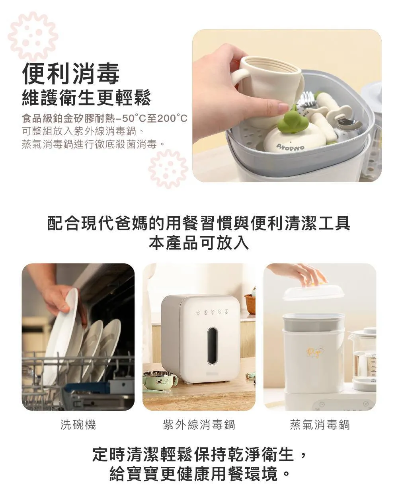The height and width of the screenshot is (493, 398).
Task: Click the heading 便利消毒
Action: click(70, 73)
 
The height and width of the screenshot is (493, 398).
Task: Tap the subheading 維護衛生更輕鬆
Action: click(86, 97)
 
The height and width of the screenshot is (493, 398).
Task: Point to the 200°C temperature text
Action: click(172, 118)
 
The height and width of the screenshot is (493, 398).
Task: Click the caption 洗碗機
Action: click(78, 425)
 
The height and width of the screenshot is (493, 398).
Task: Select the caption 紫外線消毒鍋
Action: click(199, 425)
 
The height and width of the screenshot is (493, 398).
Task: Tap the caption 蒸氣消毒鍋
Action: click(320, 425)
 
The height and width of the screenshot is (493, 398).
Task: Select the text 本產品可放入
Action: click(199, 243)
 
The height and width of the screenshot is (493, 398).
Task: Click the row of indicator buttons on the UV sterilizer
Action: click(212, 312)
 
